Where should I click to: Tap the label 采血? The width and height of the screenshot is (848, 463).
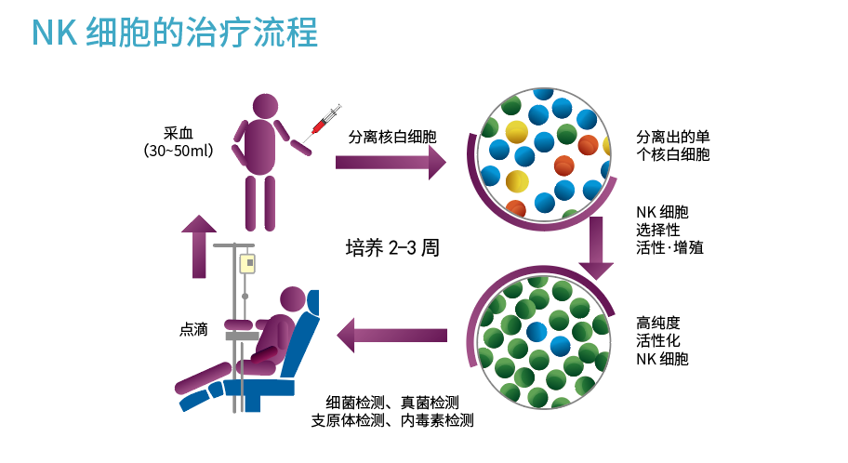179,132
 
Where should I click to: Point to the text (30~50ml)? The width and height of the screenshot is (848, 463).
179,151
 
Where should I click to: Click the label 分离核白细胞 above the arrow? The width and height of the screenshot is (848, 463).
392,136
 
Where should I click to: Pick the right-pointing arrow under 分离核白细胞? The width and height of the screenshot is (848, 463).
391,162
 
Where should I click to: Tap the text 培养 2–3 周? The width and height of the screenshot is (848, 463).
391,248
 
